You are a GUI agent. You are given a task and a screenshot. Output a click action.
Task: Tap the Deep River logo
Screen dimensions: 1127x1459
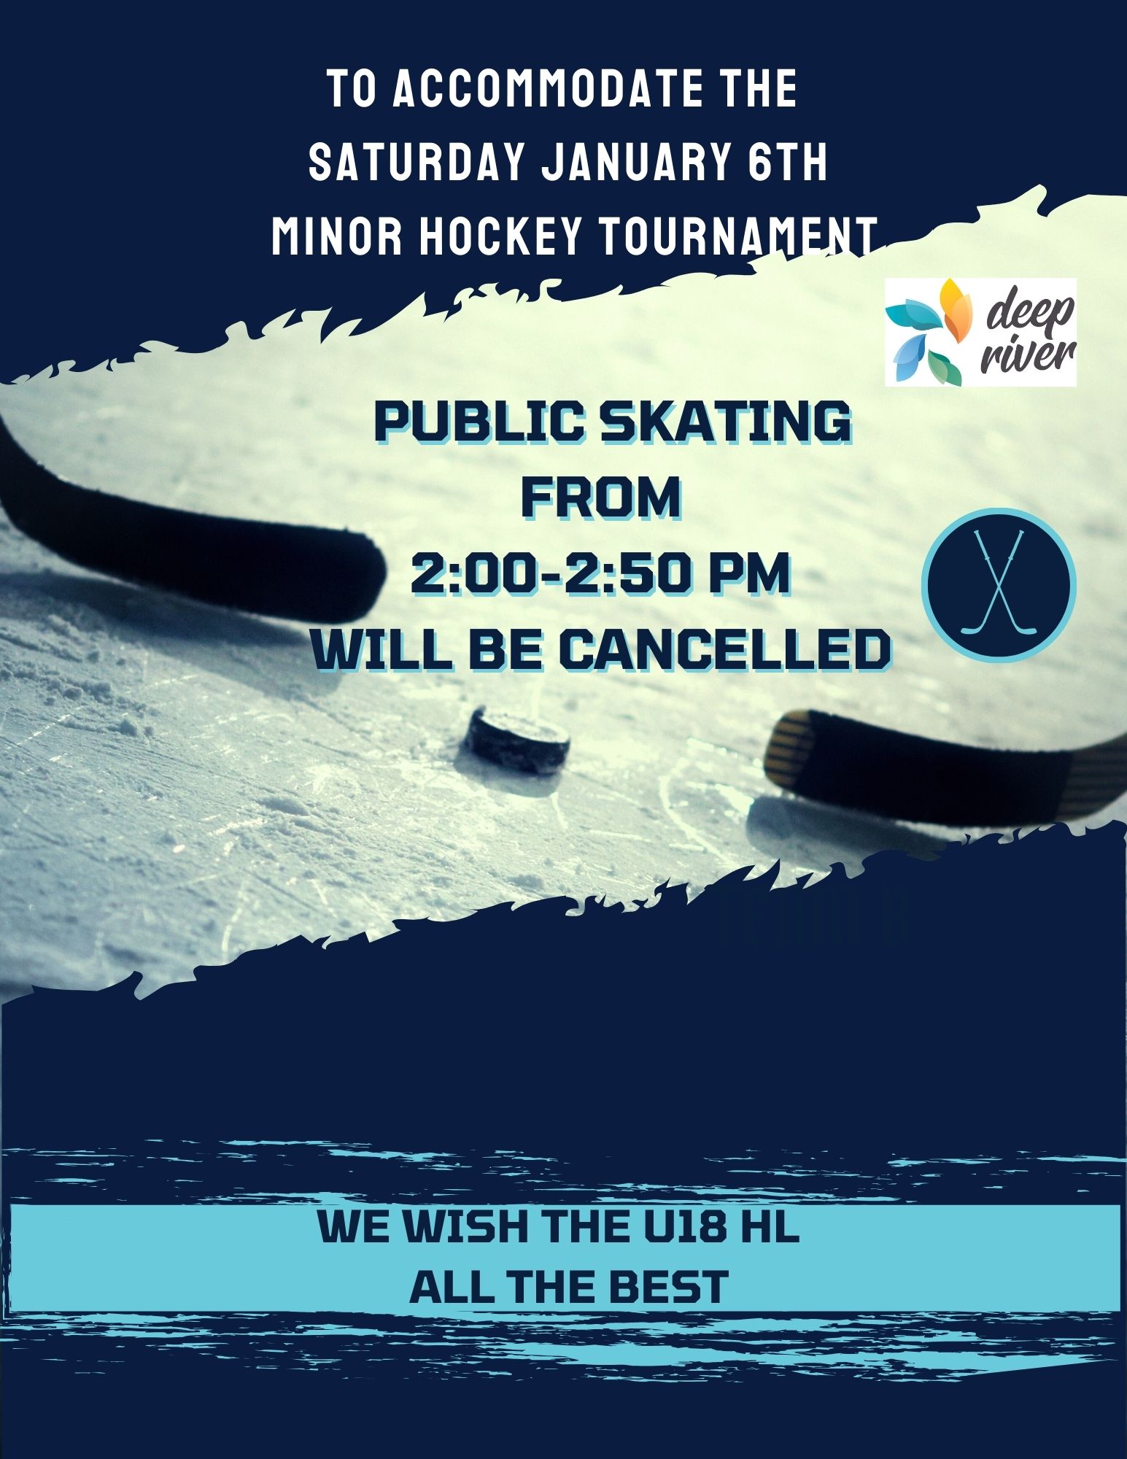[x=980, y=332]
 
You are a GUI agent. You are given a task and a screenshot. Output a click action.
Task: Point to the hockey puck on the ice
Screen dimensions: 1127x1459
[x=519, y=741]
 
